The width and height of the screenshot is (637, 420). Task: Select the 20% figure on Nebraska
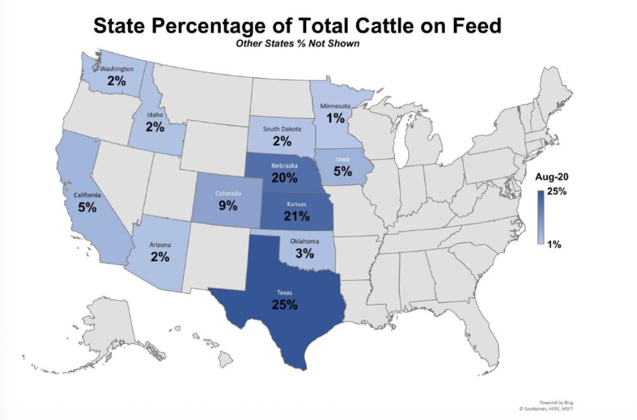pyautogui.click(x=284, y=179)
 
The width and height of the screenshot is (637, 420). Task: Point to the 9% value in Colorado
pyautogui.click(x=228, y=206)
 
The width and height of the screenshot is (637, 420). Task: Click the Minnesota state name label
pyautogui.click(x=335, y=106)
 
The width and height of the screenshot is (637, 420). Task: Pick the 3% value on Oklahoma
pyautogui.click(x=304, y=253)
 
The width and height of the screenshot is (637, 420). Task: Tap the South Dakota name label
pyautogui.click(x=282, y=129)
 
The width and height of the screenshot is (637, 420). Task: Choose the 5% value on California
pyautogui.click(x=88, y=207)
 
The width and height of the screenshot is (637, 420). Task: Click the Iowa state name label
pyautogui.click(x=343, y=159)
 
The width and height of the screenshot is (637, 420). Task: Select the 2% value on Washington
pyautogui.click(x=117, y=81)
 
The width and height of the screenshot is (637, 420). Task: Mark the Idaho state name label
pyautogui.click(x=154, y=115)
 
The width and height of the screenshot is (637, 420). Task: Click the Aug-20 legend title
pyautogui.click(x=548, y=177)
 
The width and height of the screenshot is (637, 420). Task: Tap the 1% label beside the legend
pyautogui.click(x=555, y=244)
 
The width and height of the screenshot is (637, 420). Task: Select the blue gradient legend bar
pyautogui.click(x=540, y=217)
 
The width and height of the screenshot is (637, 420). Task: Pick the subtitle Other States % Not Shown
pyautogui.click(x=298, y=44)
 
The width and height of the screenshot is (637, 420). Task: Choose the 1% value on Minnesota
pyautogui.click(x=335, y=118)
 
